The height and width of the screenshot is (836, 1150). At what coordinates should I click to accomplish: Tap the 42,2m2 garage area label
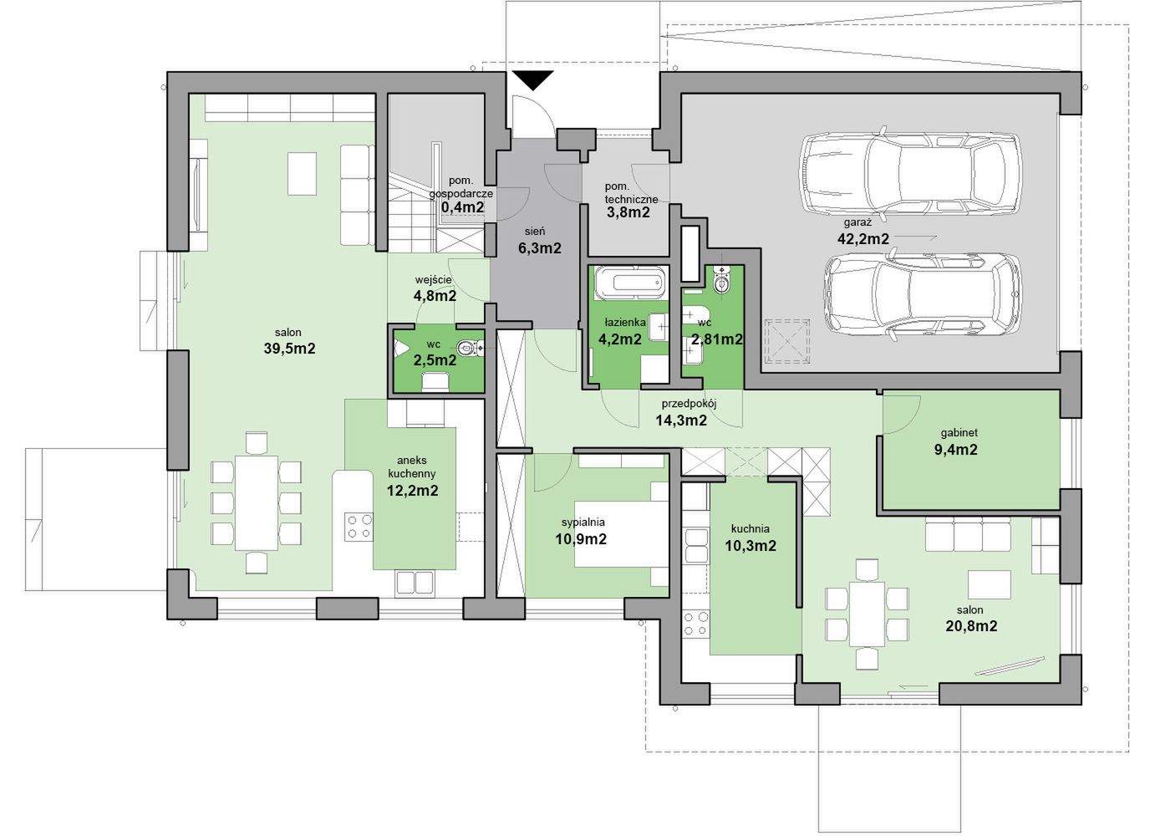click(x=863, y=239)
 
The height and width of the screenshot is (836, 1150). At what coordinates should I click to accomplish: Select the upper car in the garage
click(x=911, y=174)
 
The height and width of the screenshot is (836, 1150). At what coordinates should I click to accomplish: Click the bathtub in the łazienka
click(x=629, y=283)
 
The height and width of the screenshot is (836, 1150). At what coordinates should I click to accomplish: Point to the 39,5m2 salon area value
click(x=289, y=349)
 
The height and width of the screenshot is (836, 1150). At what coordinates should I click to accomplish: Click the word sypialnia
click(x=583, y=522)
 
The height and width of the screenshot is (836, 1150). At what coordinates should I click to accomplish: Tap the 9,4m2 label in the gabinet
click(x=955, y=449)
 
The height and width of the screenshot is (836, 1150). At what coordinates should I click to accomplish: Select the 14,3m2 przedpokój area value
click(x=681, y=420)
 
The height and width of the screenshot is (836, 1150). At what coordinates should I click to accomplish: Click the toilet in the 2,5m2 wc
click(x=469, y=349)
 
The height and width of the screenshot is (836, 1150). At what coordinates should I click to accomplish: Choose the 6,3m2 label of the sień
click(x=540, y=248)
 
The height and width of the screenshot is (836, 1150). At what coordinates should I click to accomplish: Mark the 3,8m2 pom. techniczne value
click(x=628, y=212)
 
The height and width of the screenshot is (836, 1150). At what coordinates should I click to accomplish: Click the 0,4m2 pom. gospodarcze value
click(x=463, y=207)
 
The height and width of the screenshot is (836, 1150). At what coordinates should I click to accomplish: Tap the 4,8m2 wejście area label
click(x=435, y=296)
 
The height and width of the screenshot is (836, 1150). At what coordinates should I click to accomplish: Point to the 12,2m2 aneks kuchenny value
click(x=412, y=491)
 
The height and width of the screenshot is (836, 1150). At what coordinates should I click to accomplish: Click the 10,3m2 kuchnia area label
click(x=750, y=546)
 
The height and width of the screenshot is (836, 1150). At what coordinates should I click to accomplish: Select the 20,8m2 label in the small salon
click(x=971, y=626)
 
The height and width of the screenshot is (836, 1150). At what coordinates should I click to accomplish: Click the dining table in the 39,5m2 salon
click(x=257, y=502)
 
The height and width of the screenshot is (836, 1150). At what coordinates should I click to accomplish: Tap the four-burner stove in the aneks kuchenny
click(x=359, y=527)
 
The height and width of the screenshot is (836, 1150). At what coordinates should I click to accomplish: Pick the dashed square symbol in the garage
click(x=787, y=341)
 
